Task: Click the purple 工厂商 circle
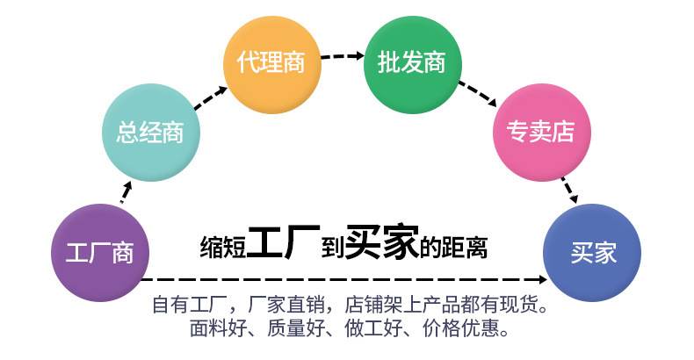pyautogui.click(x=100, y=252)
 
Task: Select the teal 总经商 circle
pyautogui.click(x=151, y=133)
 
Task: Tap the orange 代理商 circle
pyautogui.click(x=271, y=62)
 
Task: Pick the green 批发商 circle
pyautogui.click(x=412, y=62)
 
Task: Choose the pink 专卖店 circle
pyautogui.click(x=539, y=133)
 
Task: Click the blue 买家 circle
pyautogui.click(x=594, y=252)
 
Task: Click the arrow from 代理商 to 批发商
pyautogui.click(x=343, y=56)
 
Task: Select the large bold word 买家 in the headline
pyautogui.click(x=380, y=243)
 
